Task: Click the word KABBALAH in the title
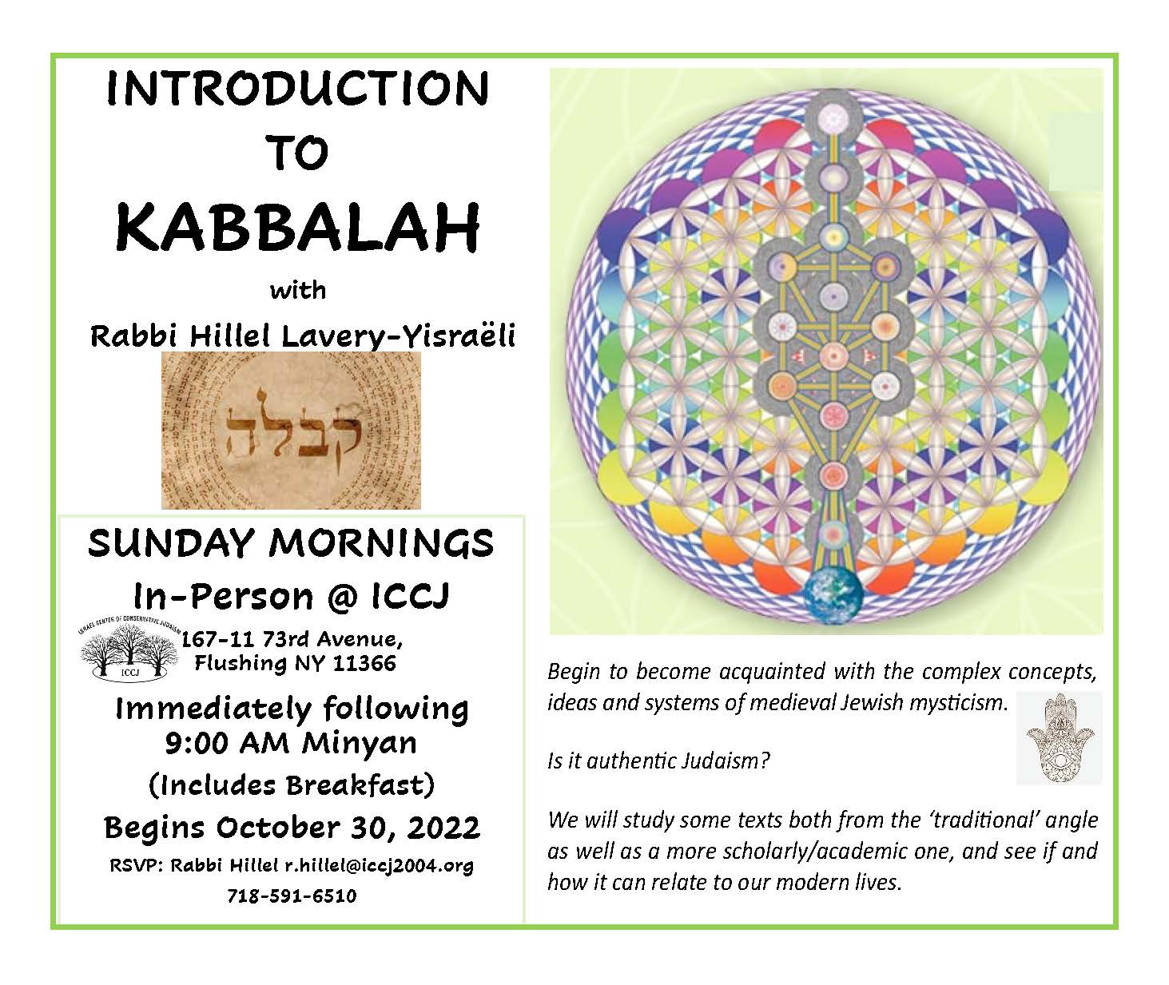pos(297,228)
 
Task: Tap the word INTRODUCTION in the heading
pos(298,89)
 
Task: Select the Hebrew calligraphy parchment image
pos(291,431)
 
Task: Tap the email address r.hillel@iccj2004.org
pos(379,865)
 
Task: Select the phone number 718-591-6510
pos(292,896)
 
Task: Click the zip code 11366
pos(364,663)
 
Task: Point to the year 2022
pos(443,827)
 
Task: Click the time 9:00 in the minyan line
pos(197,743)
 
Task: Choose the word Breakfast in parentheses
pos(356,784)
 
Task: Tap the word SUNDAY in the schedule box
pos(171,543)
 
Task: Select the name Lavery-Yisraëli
pos(398,336)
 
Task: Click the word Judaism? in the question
pos(726,761)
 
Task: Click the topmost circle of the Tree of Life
pos(833,118)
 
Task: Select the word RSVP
pos(136,865)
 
